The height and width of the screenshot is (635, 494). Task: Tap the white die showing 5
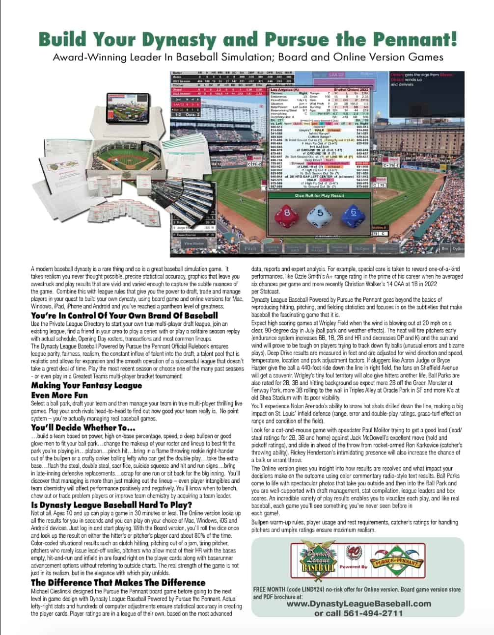point(319,214)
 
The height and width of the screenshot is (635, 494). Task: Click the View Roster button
point(194,243)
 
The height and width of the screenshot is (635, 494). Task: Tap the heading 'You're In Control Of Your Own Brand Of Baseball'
point(124,316)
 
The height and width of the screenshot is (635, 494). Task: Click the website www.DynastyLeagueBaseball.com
point(359,604)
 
